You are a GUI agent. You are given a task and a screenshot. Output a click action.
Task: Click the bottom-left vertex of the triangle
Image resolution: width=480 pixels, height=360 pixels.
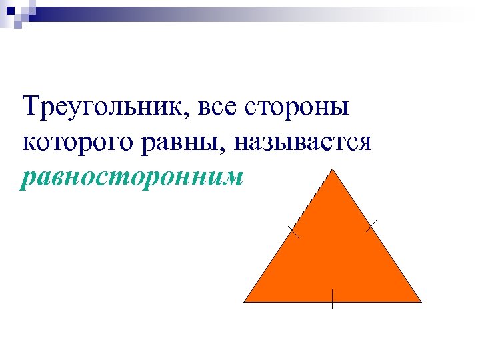coord(245,301)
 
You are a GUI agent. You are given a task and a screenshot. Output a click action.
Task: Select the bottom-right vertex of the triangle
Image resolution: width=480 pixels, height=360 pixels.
coord(421,301)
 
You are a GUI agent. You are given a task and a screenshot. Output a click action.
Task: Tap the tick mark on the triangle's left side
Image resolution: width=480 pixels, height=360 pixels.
coord(293,232)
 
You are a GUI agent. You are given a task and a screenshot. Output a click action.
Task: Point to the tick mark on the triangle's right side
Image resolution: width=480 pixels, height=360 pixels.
coord(372,225)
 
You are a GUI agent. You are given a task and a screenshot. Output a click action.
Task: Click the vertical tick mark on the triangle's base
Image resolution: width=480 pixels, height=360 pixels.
coord(332,299)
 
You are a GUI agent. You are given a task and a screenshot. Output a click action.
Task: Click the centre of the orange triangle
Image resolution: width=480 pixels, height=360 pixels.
coord(333,257)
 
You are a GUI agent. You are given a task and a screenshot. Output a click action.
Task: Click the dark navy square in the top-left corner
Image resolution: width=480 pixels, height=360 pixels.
coord(10,10)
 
